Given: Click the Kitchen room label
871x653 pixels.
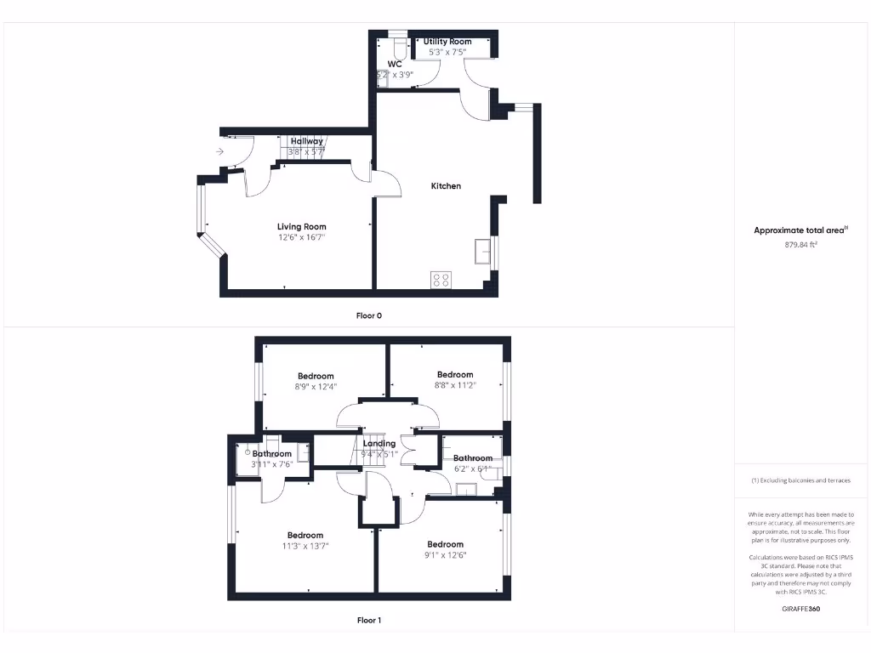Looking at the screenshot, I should click(446, 186).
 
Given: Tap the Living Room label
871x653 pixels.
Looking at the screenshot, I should click(301, 227).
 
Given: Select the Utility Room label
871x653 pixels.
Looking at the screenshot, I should click(447, 42).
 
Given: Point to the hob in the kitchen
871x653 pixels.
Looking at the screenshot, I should click(441, 280).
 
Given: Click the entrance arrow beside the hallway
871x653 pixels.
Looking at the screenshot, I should click(219, 151).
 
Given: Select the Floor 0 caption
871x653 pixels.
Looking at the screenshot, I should click(368, 315).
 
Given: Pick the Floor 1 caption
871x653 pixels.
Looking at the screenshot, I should click(368, 621).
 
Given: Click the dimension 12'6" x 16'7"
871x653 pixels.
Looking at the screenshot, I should click(301, 238).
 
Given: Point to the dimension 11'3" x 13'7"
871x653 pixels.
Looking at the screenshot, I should click(305, 547).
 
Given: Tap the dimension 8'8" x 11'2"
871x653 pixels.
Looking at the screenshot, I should click(455, 386).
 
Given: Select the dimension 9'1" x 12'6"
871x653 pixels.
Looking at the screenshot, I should click(446, 555).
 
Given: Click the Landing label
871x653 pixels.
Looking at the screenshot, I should click(379, 444).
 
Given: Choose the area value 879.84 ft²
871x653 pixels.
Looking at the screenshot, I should click(800, 245).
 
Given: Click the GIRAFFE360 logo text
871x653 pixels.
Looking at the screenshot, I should click(800, 609).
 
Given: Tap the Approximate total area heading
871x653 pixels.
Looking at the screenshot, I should click(800, 230).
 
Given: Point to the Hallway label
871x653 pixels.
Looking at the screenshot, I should click(306, 141).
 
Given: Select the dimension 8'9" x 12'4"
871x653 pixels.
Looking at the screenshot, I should click(316, 387).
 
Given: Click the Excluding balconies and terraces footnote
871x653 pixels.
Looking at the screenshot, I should click(800, 481).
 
